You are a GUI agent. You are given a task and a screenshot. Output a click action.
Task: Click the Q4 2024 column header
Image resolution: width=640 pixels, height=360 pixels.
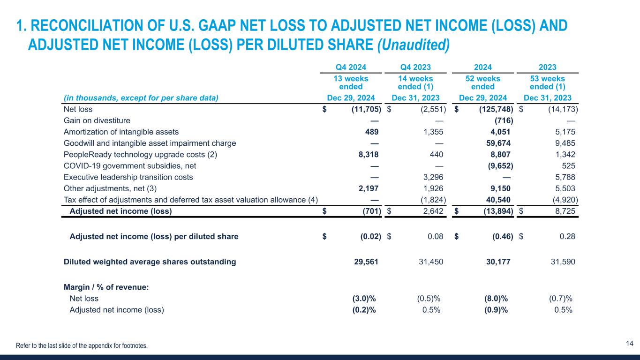tap(351, 67)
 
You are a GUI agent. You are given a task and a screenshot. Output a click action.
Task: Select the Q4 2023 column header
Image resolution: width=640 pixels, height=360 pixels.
tap(415, 67)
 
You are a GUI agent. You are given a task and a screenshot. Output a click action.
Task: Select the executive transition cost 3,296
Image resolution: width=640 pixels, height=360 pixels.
tap(432, 177)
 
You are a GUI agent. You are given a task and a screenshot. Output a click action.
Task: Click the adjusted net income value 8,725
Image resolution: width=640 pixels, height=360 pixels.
tap(564, 211)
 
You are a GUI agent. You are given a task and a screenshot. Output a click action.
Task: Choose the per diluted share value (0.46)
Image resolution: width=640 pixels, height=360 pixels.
tap(500, 237)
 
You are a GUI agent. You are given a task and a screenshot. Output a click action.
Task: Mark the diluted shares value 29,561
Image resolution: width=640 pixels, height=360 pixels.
tap(367, 262)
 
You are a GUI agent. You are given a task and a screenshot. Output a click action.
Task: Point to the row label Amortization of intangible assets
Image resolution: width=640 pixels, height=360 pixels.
tap(121, 132)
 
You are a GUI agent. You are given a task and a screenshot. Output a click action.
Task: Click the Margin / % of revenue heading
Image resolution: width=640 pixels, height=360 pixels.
tap(106, 287)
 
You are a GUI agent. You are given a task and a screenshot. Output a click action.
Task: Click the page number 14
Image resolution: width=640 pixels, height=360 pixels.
tap(630, 344)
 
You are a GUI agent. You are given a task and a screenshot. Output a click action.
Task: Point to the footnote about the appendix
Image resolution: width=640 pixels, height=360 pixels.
tap(82, 346)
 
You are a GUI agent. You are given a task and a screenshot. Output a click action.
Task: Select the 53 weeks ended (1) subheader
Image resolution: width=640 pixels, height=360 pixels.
tap(547, 82)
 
